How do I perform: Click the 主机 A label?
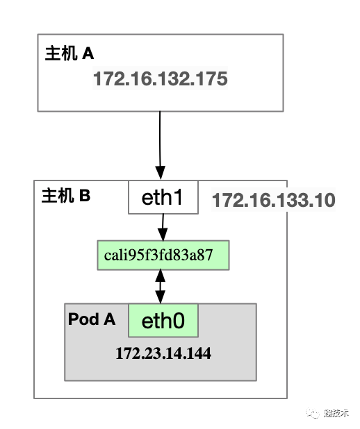(69, 53)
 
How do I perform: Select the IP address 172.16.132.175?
(161, 79)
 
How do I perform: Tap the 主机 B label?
(66, 195)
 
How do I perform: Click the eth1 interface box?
(163, 197)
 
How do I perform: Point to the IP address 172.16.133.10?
(274, 200)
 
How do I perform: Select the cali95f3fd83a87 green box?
(163, 255)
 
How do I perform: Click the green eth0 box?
(163, 321)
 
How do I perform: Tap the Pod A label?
(92, 319)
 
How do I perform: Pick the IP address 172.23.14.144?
(163, 353)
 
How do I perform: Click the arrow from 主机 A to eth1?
(160, 146)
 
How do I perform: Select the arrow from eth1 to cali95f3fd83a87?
(163, 228)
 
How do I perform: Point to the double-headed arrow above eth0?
(161, 287)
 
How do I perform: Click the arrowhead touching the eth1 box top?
(161, 173)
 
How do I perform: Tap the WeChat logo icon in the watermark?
(313, 412)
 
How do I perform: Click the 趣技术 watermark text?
(336, 413)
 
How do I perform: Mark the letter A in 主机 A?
(88, 53)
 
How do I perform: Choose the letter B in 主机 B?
(85, 196)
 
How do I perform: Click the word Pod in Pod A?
(83, 319)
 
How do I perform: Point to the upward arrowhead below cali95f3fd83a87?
(161, 276)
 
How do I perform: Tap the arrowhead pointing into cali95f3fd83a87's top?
(163, 235)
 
